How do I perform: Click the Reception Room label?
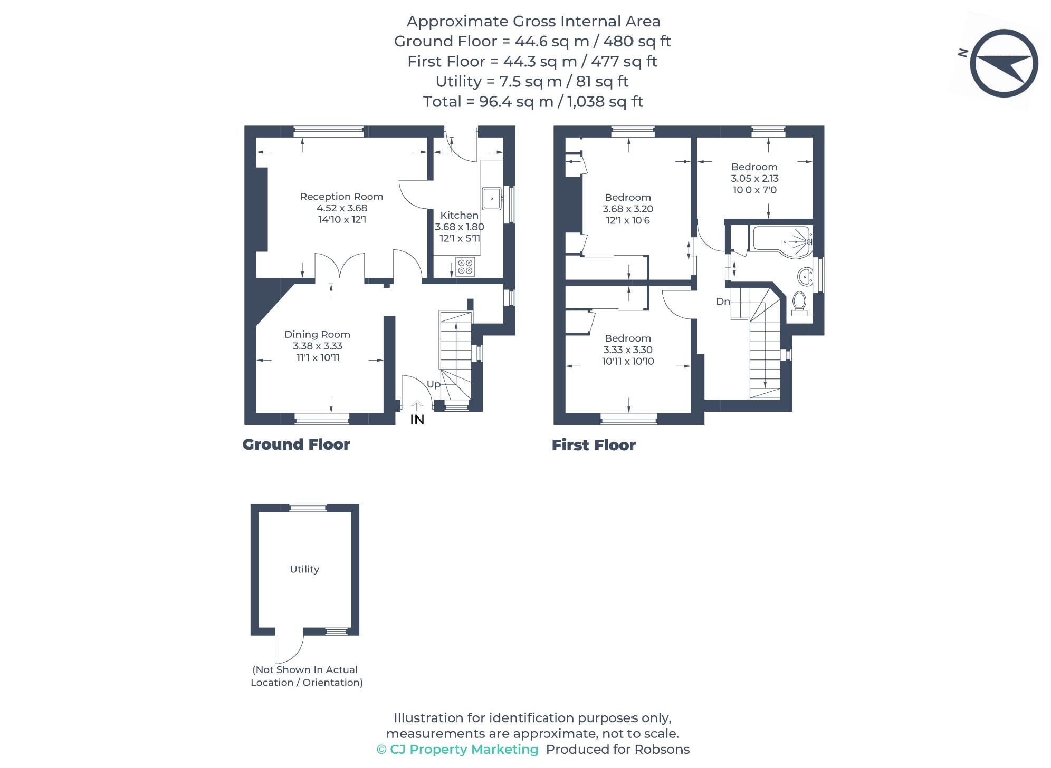coord(341,197)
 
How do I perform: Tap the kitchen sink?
coord(491,199)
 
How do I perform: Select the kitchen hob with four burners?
coord(465,266)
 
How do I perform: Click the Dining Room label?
coord(317,334)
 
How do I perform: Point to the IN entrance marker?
coord(417,419)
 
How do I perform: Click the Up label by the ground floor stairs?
coord(433,384)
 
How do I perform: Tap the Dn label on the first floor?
coord(722,302)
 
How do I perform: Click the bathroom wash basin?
coord(805,275)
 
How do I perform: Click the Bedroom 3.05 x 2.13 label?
coord(754,178)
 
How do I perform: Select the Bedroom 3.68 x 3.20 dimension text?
coord(627,209)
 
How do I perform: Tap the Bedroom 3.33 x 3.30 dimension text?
coord(627,349)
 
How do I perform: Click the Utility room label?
coord(304,569)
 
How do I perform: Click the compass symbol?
coord(1003,63)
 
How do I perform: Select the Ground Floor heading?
coord(296,444)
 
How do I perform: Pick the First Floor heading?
coord(594,445)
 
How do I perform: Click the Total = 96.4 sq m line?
coord(533,101)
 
